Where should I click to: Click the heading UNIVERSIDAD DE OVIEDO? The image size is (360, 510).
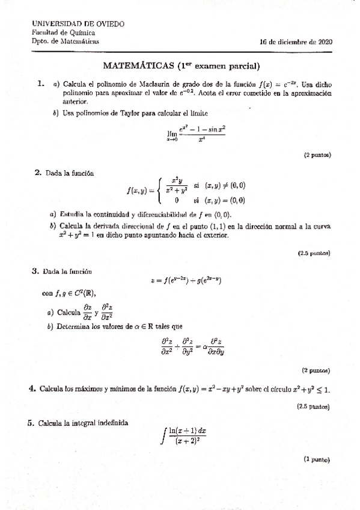[x=78, y=23]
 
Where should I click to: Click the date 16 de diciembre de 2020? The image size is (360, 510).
[x=296, y=42]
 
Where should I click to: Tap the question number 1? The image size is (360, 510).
[x=40, y=84]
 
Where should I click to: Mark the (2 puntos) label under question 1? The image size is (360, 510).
[x=317, y=155]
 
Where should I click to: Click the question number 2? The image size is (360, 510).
[x=38, y=173]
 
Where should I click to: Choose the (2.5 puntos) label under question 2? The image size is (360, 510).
[x=315, y=253]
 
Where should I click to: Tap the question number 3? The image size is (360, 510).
[x=35, y=271]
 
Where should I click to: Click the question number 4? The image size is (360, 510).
[x=32, y=388]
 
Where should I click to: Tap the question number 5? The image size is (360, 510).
[x=31, y=423]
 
